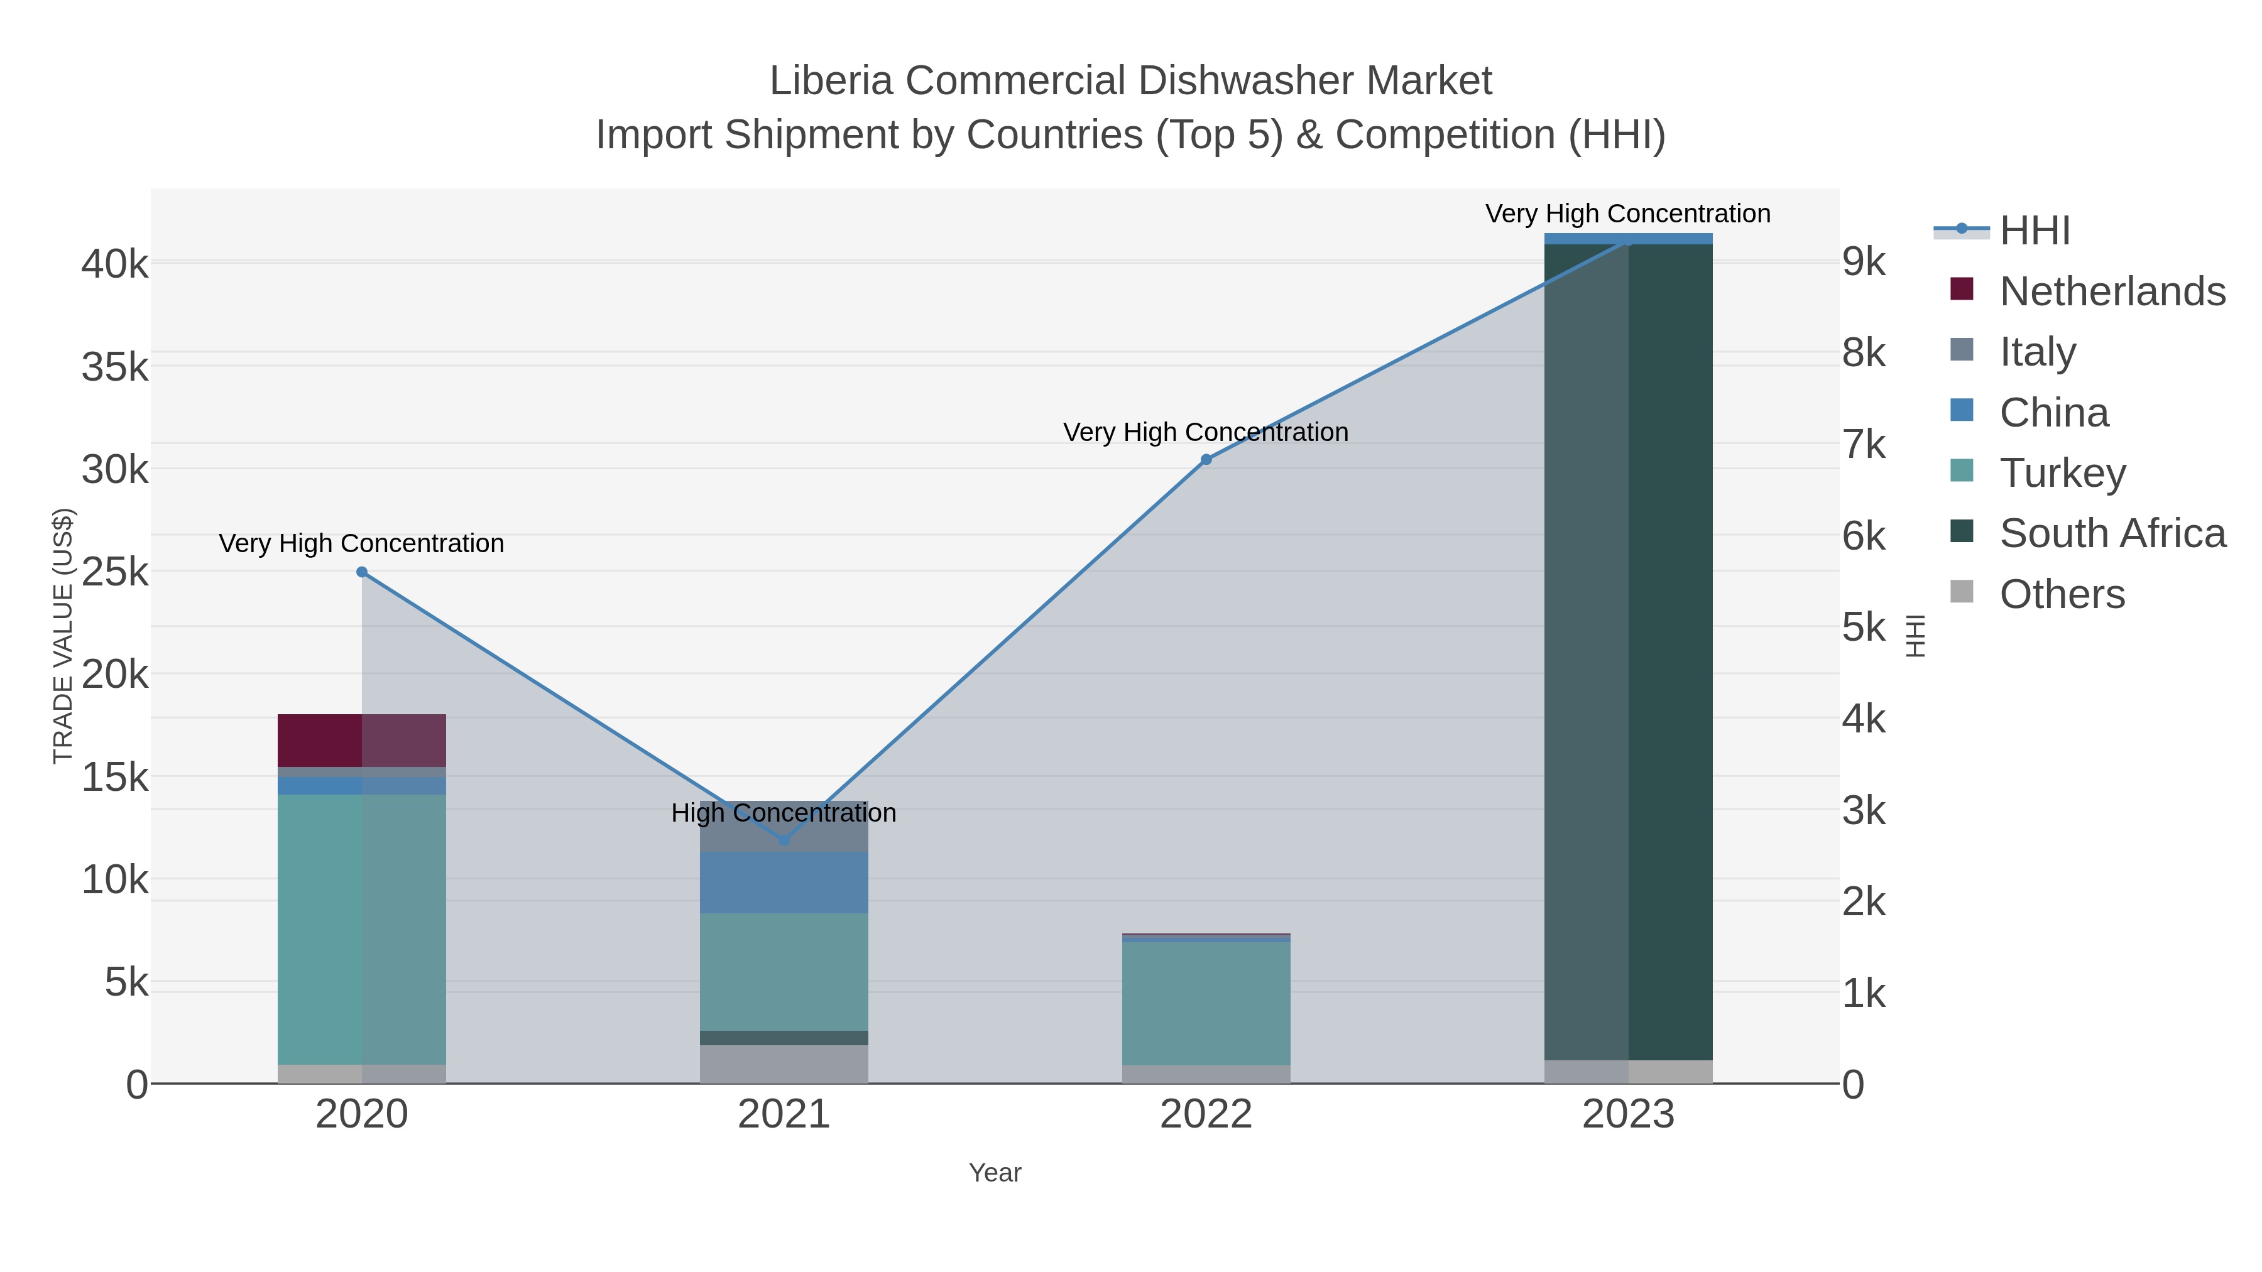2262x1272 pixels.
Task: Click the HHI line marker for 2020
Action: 362,572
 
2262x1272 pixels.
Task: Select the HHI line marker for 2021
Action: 784,840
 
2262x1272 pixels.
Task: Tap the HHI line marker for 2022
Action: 1206,460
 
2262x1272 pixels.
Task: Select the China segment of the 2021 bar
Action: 784,883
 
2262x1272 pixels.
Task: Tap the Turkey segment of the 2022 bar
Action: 1206,1003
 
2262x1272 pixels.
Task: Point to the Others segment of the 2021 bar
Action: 784,1064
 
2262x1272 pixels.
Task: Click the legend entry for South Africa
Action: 2112,534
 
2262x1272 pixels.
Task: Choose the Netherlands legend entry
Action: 2112,291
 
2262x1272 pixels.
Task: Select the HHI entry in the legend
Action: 2035,231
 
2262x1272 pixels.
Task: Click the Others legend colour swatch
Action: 1961,592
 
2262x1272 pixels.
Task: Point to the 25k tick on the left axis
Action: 115,572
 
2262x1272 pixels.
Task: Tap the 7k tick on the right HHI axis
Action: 1864,445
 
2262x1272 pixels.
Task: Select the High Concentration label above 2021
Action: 784,813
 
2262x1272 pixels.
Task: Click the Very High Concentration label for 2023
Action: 1627,214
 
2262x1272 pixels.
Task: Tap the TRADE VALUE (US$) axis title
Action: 63,636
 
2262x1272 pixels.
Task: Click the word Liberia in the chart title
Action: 831,82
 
